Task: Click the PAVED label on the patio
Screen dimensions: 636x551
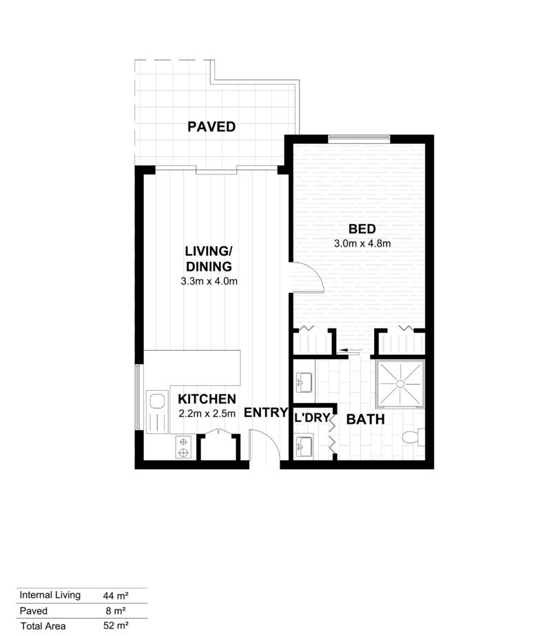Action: [211, 127]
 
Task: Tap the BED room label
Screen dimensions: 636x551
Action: [362, 229]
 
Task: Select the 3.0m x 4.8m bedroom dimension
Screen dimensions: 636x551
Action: [362, 243]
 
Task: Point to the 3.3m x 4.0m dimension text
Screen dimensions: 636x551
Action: [209, 281]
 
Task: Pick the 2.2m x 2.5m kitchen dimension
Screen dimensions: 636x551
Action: [207, 413]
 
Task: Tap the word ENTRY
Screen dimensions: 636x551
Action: [265, 413]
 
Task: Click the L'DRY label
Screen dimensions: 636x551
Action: [312, 418]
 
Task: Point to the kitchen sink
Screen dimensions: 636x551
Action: [158, 401]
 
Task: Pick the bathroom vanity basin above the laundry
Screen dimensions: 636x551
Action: [304, 381]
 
